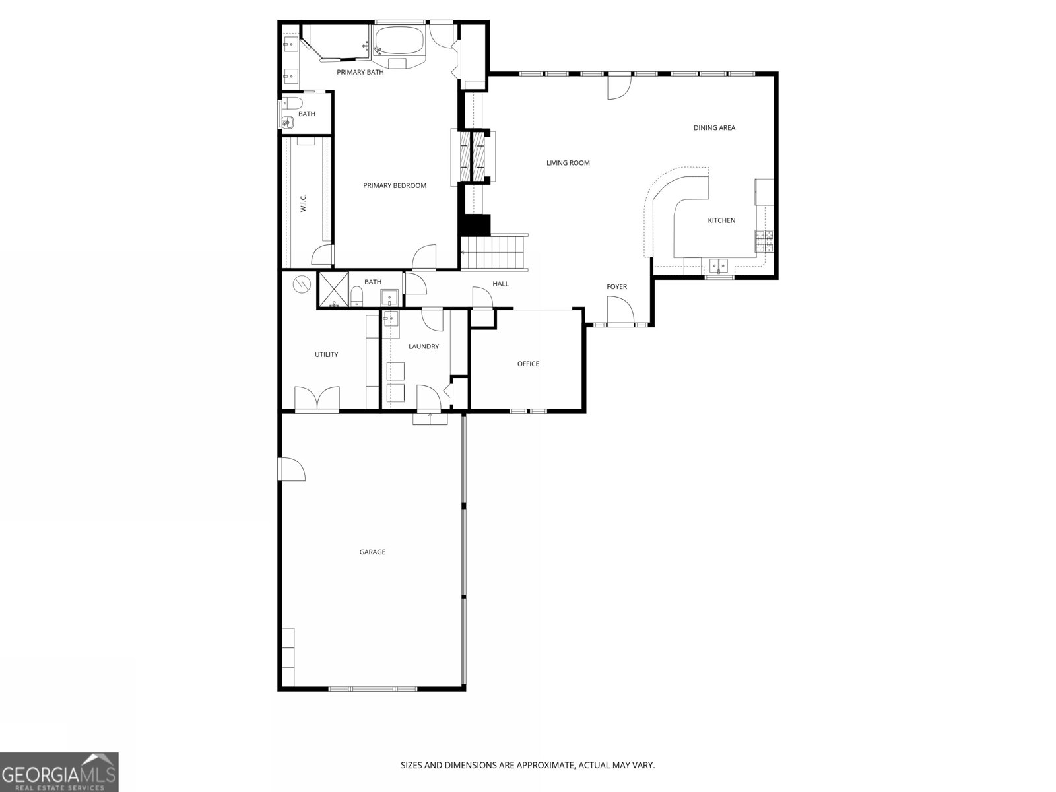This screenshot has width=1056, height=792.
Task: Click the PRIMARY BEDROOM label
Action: point(395,185)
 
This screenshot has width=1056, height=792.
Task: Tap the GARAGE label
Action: point(372,552)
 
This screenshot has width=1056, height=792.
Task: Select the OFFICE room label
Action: point(528,364)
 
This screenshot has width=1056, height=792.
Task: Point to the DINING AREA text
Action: point(714,128)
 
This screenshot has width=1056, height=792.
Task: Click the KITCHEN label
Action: point(721,220)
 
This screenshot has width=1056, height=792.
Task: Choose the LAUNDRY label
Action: point(423,346)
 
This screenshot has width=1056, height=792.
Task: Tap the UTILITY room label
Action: point(326,355)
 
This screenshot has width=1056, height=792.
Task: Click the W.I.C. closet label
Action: point(303,203)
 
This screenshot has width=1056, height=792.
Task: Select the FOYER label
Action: point(616,287)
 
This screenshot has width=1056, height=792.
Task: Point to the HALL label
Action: point(500,284)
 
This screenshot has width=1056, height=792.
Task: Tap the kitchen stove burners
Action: point(764,242)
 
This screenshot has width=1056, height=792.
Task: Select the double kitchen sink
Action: point(719,265)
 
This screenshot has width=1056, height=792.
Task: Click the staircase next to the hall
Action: point(494,252)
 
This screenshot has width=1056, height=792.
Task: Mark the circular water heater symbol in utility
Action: point(301,284)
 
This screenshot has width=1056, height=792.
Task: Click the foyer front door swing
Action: point(620,310)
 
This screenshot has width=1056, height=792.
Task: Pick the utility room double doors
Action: point(317,399)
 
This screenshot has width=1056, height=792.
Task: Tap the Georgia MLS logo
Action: point(59,772)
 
